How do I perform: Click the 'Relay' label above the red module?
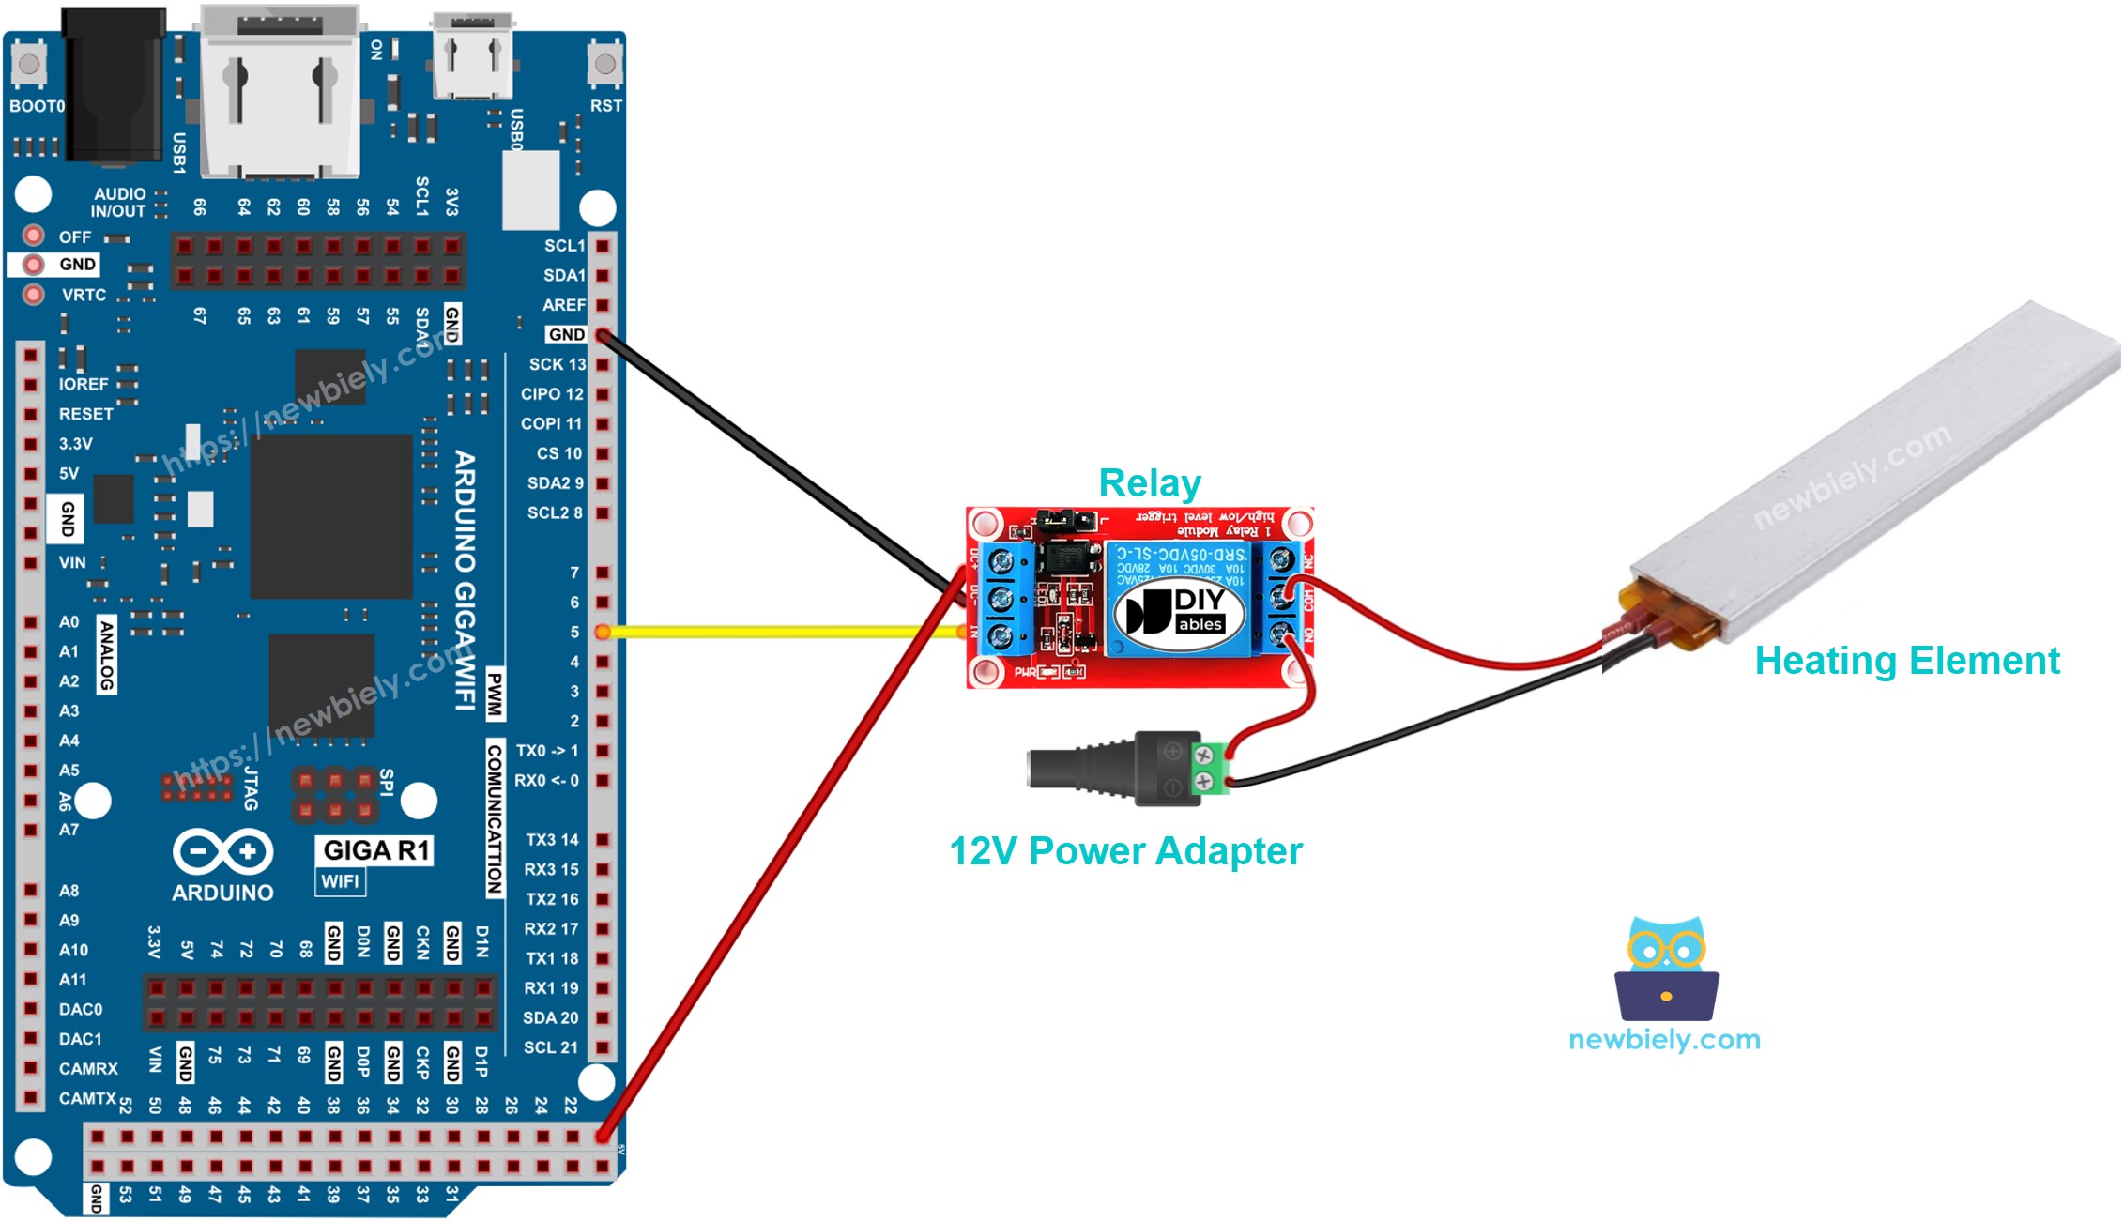tap(1149, 483)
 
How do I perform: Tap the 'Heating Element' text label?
tap(1906, 661)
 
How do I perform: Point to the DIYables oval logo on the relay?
tap(1179, 613)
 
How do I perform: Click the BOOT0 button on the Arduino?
tap(28, 65)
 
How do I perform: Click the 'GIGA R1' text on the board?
tap(375, 850)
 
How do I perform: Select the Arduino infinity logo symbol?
tap(222, 851)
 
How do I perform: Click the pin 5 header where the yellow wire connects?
tap(603, 632)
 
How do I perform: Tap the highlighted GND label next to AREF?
tap(566, 334)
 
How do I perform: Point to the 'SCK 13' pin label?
tap(557, 364)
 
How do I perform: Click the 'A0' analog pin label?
tap(69, 621)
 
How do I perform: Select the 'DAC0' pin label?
tap(80, 1009)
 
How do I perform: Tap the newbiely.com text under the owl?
tap(1664, 1040)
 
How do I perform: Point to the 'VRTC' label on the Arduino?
tap(84, 295)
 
